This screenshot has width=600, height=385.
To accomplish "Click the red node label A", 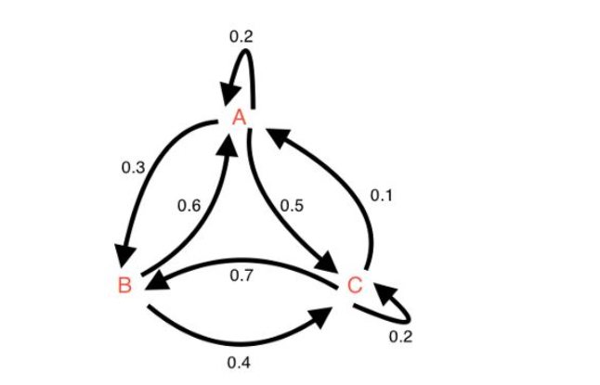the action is click(x=239, y=117).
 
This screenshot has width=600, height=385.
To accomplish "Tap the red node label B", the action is click(x=124, y=284).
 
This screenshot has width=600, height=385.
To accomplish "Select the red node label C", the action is click(x=354, y=284).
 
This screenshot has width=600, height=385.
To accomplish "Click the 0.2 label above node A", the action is click(x=241, y=37).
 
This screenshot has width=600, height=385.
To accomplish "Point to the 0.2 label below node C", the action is click(x=400, y=336).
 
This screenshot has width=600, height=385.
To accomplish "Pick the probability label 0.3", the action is click(x=133, y=168).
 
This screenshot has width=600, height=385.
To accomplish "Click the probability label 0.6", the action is click(x=189, y=205).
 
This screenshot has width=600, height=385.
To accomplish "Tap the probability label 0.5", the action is click(x=291, y=205).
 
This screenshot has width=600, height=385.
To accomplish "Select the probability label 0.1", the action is click(x=381, y=196).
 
